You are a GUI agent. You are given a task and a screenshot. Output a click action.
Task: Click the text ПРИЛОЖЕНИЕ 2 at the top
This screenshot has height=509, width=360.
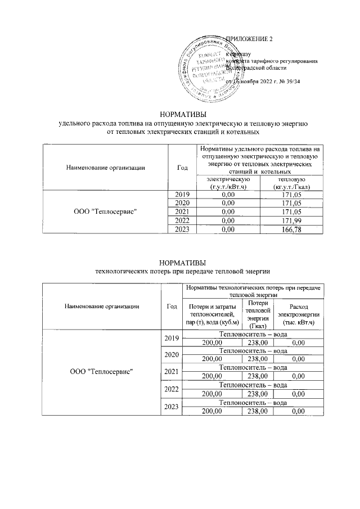pos(248,39)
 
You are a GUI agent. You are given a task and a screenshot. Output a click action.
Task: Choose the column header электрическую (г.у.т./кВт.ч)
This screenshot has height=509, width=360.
pos(228,182)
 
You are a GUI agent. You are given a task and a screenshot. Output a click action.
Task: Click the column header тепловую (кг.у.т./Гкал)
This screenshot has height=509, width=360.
pos(291,182)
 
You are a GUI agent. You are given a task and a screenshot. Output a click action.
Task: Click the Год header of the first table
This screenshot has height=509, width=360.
pos(182,166)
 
